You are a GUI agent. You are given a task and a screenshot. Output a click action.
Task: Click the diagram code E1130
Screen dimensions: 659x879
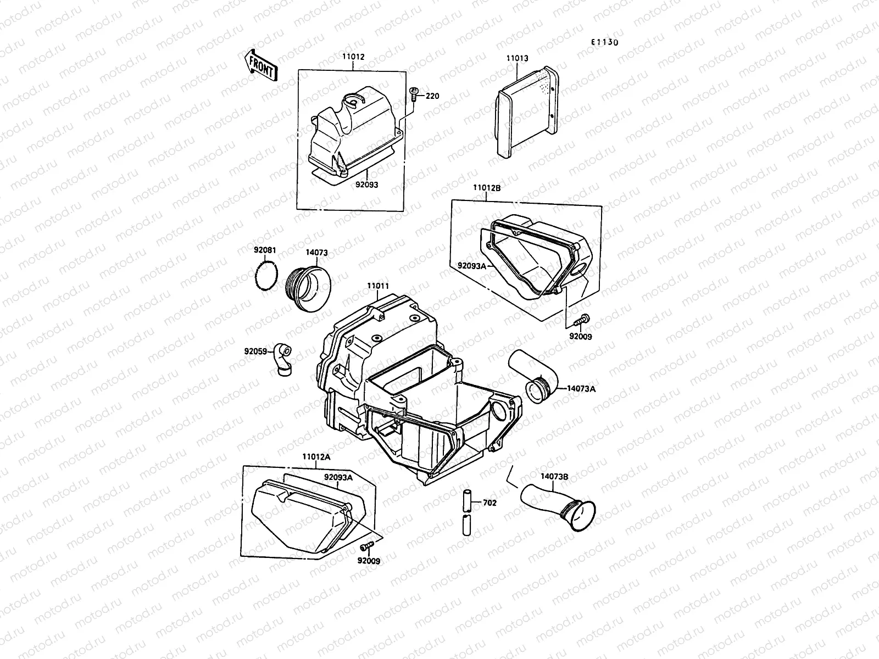coord(604,42)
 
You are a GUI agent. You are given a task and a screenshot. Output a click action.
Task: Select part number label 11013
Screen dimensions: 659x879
coord(517,57)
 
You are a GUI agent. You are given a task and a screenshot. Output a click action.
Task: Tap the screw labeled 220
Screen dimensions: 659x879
coord(415,96)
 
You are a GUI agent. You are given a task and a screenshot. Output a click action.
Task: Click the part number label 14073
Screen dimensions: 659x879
coord(316,253)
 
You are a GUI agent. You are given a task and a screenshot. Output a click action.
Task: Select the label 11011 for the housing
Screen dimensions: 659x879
coord(379,286)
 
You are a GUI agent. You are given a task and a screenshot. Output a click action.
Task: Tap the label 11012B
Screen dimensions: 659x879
coord(487,188)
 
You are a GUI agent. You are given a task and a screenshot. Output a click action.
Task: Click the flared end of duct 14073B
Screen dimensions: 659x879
coord(580,516)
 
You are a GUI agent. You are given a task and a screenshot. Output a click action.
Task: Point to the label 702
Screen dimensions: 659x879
coord(489,502)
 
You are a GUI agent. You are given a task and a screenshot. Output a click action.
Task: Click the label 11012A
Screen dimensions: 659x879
coord(315,456)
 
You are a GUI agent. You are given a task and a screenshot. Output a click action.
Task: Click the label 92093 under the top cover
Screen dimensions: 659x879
coord(367,185)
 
